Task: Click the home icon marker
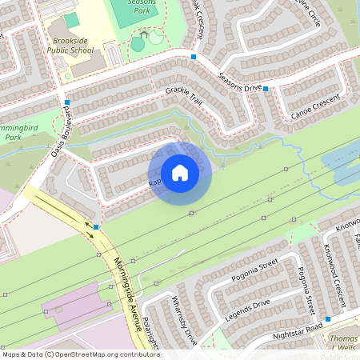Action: (x=180, y=173)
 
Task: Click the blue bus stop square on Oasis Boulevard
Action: (x=68, y=102)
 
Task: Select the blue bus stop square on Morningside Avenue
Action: (x=96, y=227)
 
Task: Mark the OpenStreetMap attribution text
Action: (x=81, y=354)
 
